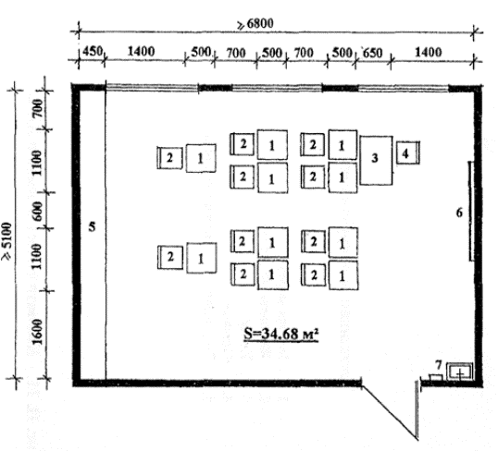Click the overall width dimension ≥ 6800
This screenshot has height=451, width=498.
(255, 24)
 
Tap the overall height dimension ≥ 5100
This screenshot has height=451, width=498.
(7, 241)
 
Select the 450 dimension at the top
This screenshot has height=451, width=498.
(93, 51)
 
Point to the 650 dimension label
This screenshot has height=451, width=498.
(372, 53)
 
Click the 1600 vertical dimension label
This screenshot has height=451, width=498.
(37, 332)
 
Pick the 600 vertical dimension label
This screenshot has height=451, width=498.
(37, 211)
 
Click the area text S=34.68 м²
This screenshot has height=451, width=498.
(280, 334)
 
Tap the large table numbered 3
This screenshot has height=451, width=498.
(376, 161)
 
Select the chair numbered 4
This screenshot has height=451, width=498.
(408, 152)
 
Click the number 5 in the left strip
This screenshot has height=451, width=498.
(92, 226)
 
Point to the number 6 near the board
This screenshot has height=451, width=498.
(459, 213)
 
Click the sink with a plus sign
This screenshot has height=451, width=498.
(459, 372)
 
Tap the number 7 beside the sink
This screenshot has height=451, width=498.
(439, 365)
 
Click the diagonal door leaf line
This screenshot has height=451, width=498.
(390, 412)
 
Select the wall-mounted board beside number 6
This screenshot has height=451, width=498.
(471, 212)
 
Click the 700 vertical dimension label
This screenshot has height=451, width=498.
(37, 108)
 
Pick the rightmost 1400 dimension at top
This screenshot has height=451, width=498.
(429, 52)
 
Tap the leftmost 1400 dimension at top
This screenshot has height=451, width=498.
(141, 51)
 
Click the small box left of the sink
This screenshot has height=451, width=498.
(436, 377)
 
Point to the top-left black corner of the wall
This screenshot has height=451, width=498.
(76, 87)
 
